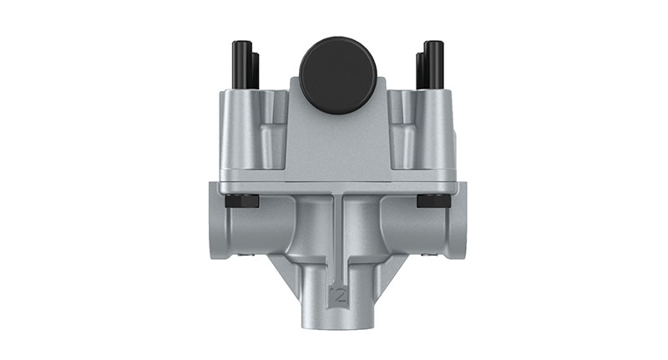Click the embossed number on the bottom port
tap(337, 293)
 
